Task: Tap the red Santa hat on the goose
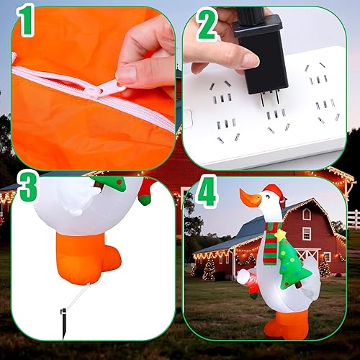pyautogui.click(x=273, y=192)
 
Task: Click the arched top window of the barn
pyautogui.click(x=307, y=215)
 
